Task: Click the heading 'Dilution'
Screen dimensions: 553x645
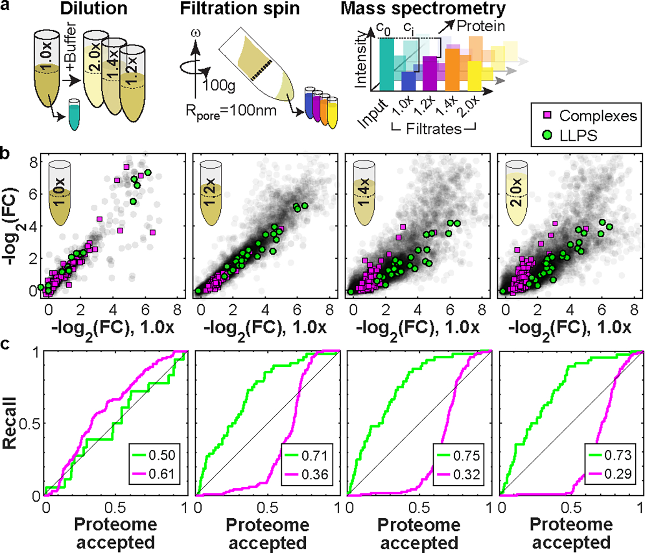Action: (x=95, y=9)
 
